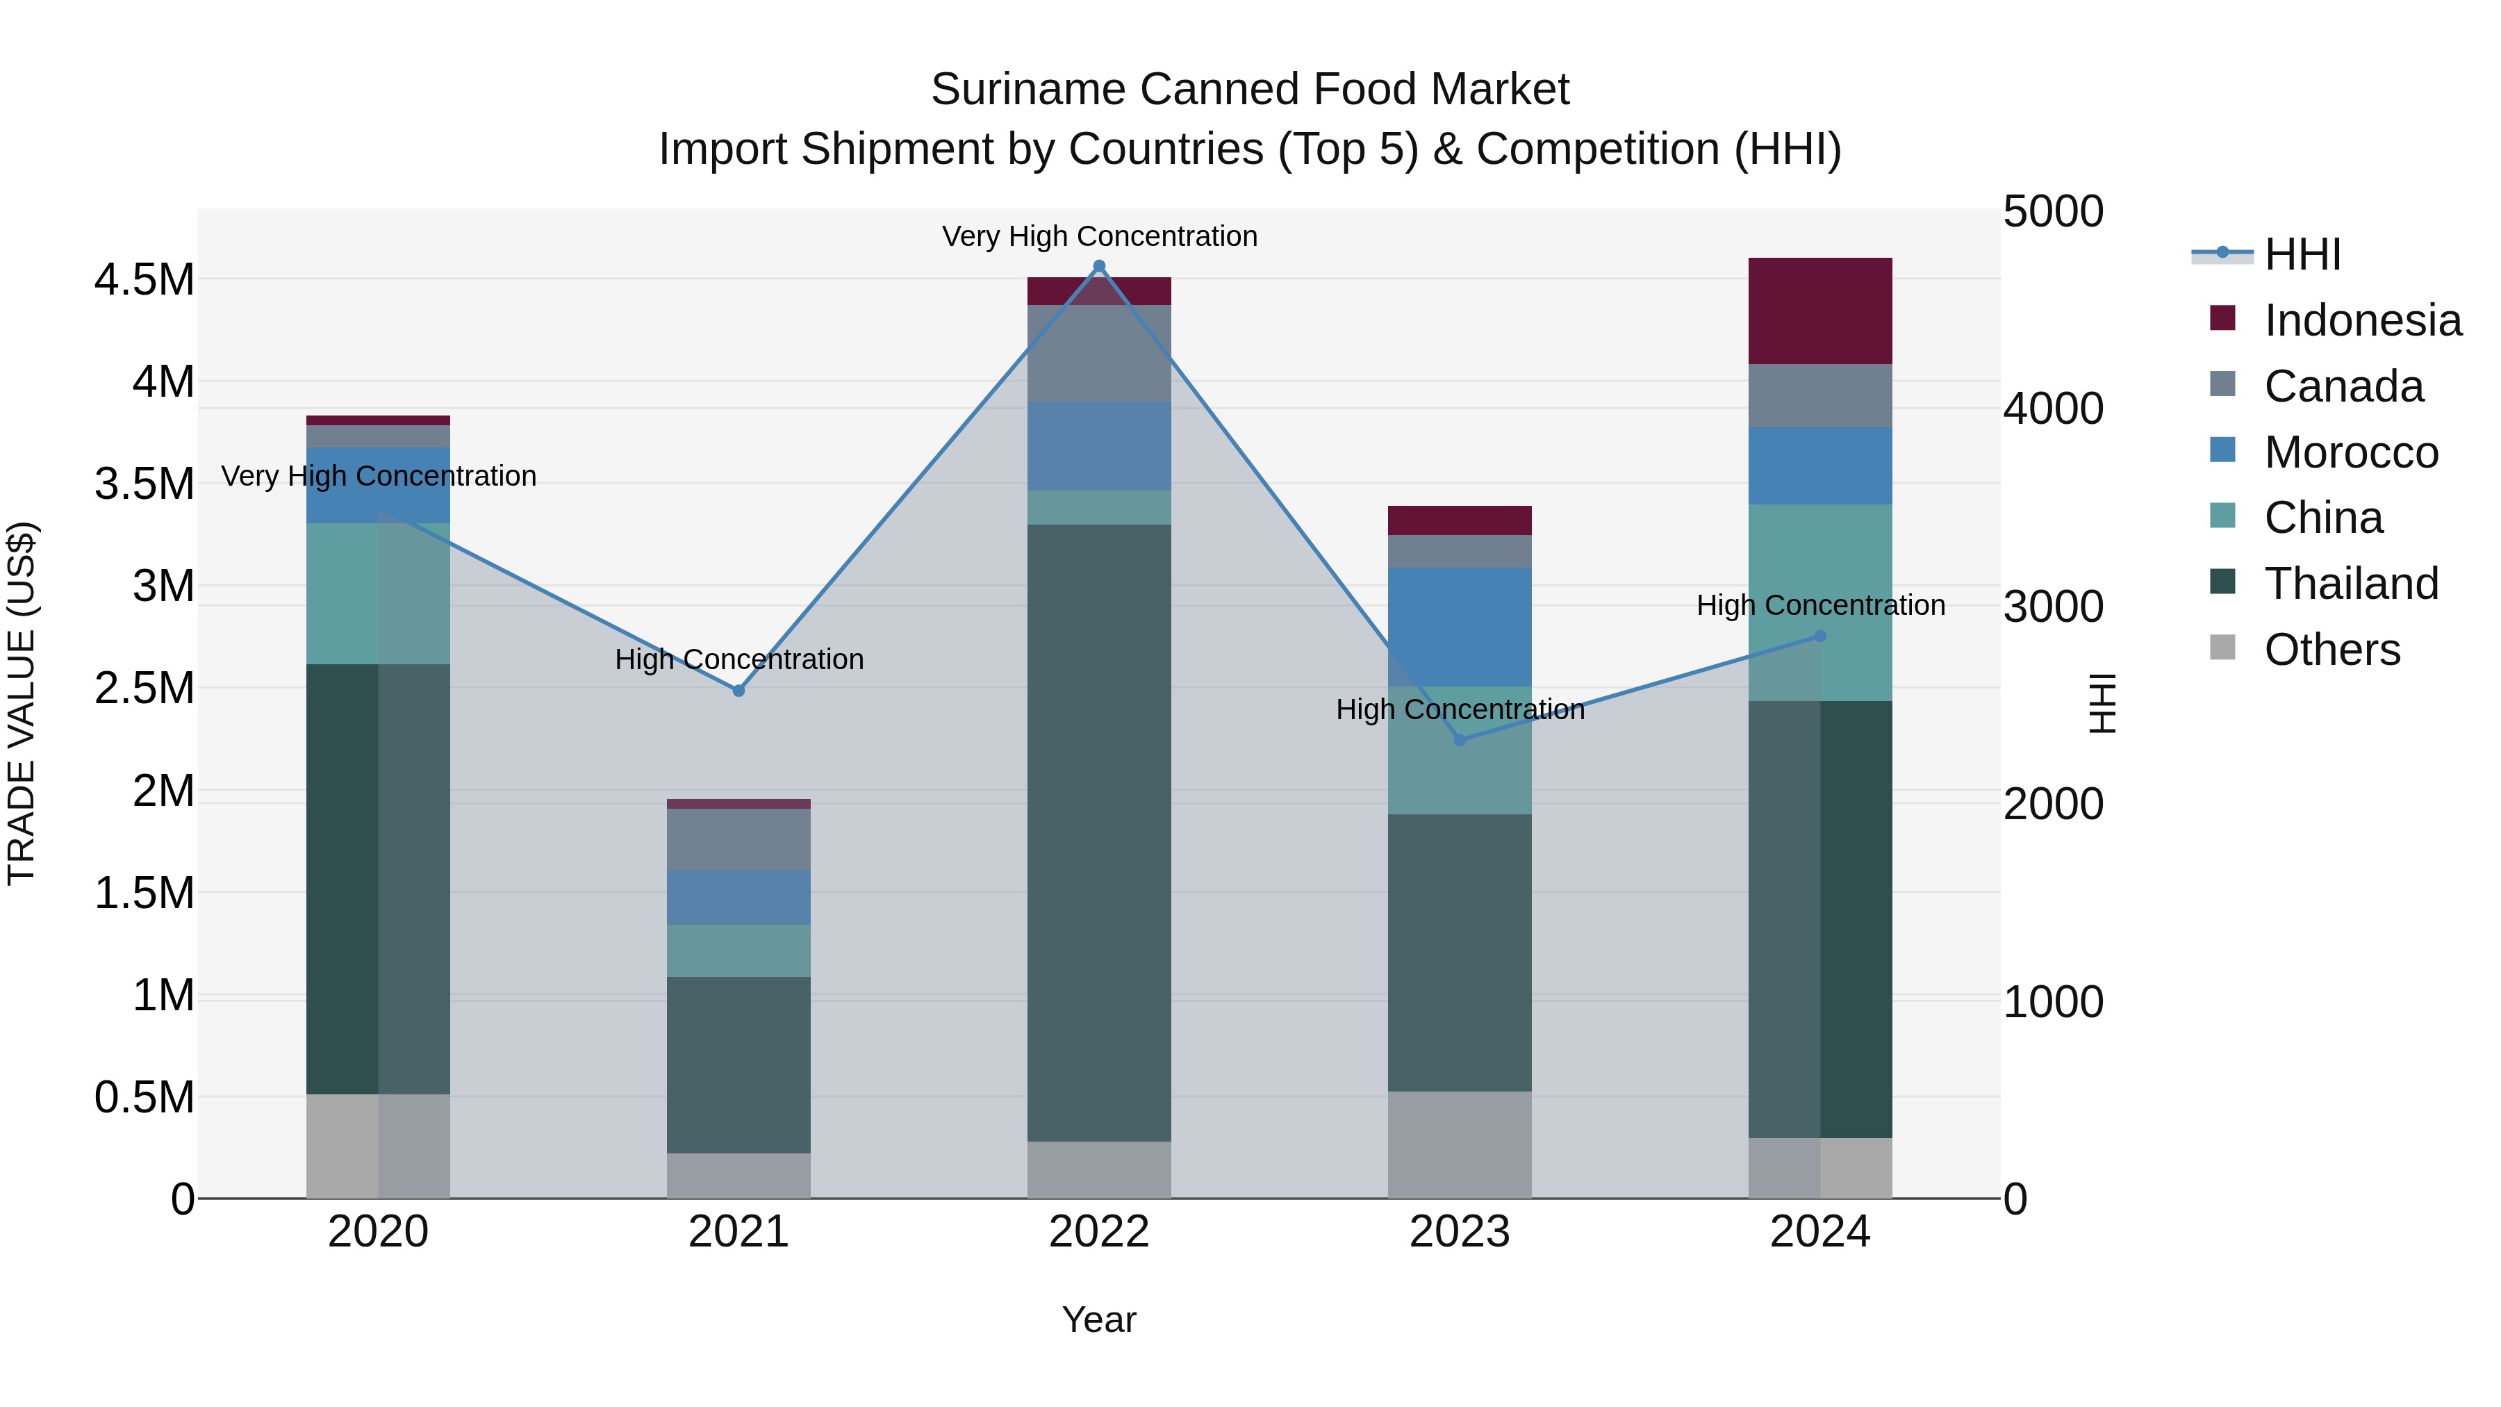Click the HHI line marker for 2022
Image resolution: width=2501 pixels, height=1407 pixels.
[1099, 266]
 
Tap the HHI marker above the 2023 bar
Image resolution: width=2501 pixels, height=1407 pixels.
[1459, 740]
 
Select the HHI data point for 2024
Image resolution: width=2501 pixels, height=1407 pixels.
[1820, 636]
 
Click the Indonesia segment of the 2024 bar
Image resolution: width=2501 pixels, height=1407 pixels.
[1820, 311]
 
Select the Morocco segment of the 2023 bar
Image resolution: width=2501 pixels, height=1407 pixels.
[1459, 626]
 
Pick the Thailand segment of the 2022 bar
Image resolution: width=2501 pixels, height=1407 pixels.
[1099, 832]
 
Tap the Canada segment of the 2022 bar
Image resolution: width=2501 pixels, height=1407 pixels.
[1099, 352]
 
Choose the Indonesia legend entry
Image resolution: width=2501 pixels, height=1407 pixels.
[2361, 320]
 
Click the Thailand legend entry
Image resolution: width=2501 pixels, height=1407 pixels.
[2350, 584]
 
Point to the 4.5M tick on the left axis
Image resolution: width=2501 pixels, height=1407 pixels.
[144, 279]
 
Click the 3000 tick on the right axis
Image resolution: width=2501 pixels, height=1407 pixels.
[2052, 606]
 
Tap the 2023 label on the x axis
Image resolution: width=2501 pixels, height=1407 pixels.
[1459, 1232]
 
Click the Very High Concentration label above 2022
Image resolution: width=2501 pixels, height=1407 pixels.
[1099, 236]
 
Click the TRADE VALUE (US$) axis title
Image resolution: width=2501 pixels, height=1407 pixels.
[22, 703]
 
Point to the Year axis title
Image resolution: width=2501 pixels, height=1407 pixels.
[1099, 1319]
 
